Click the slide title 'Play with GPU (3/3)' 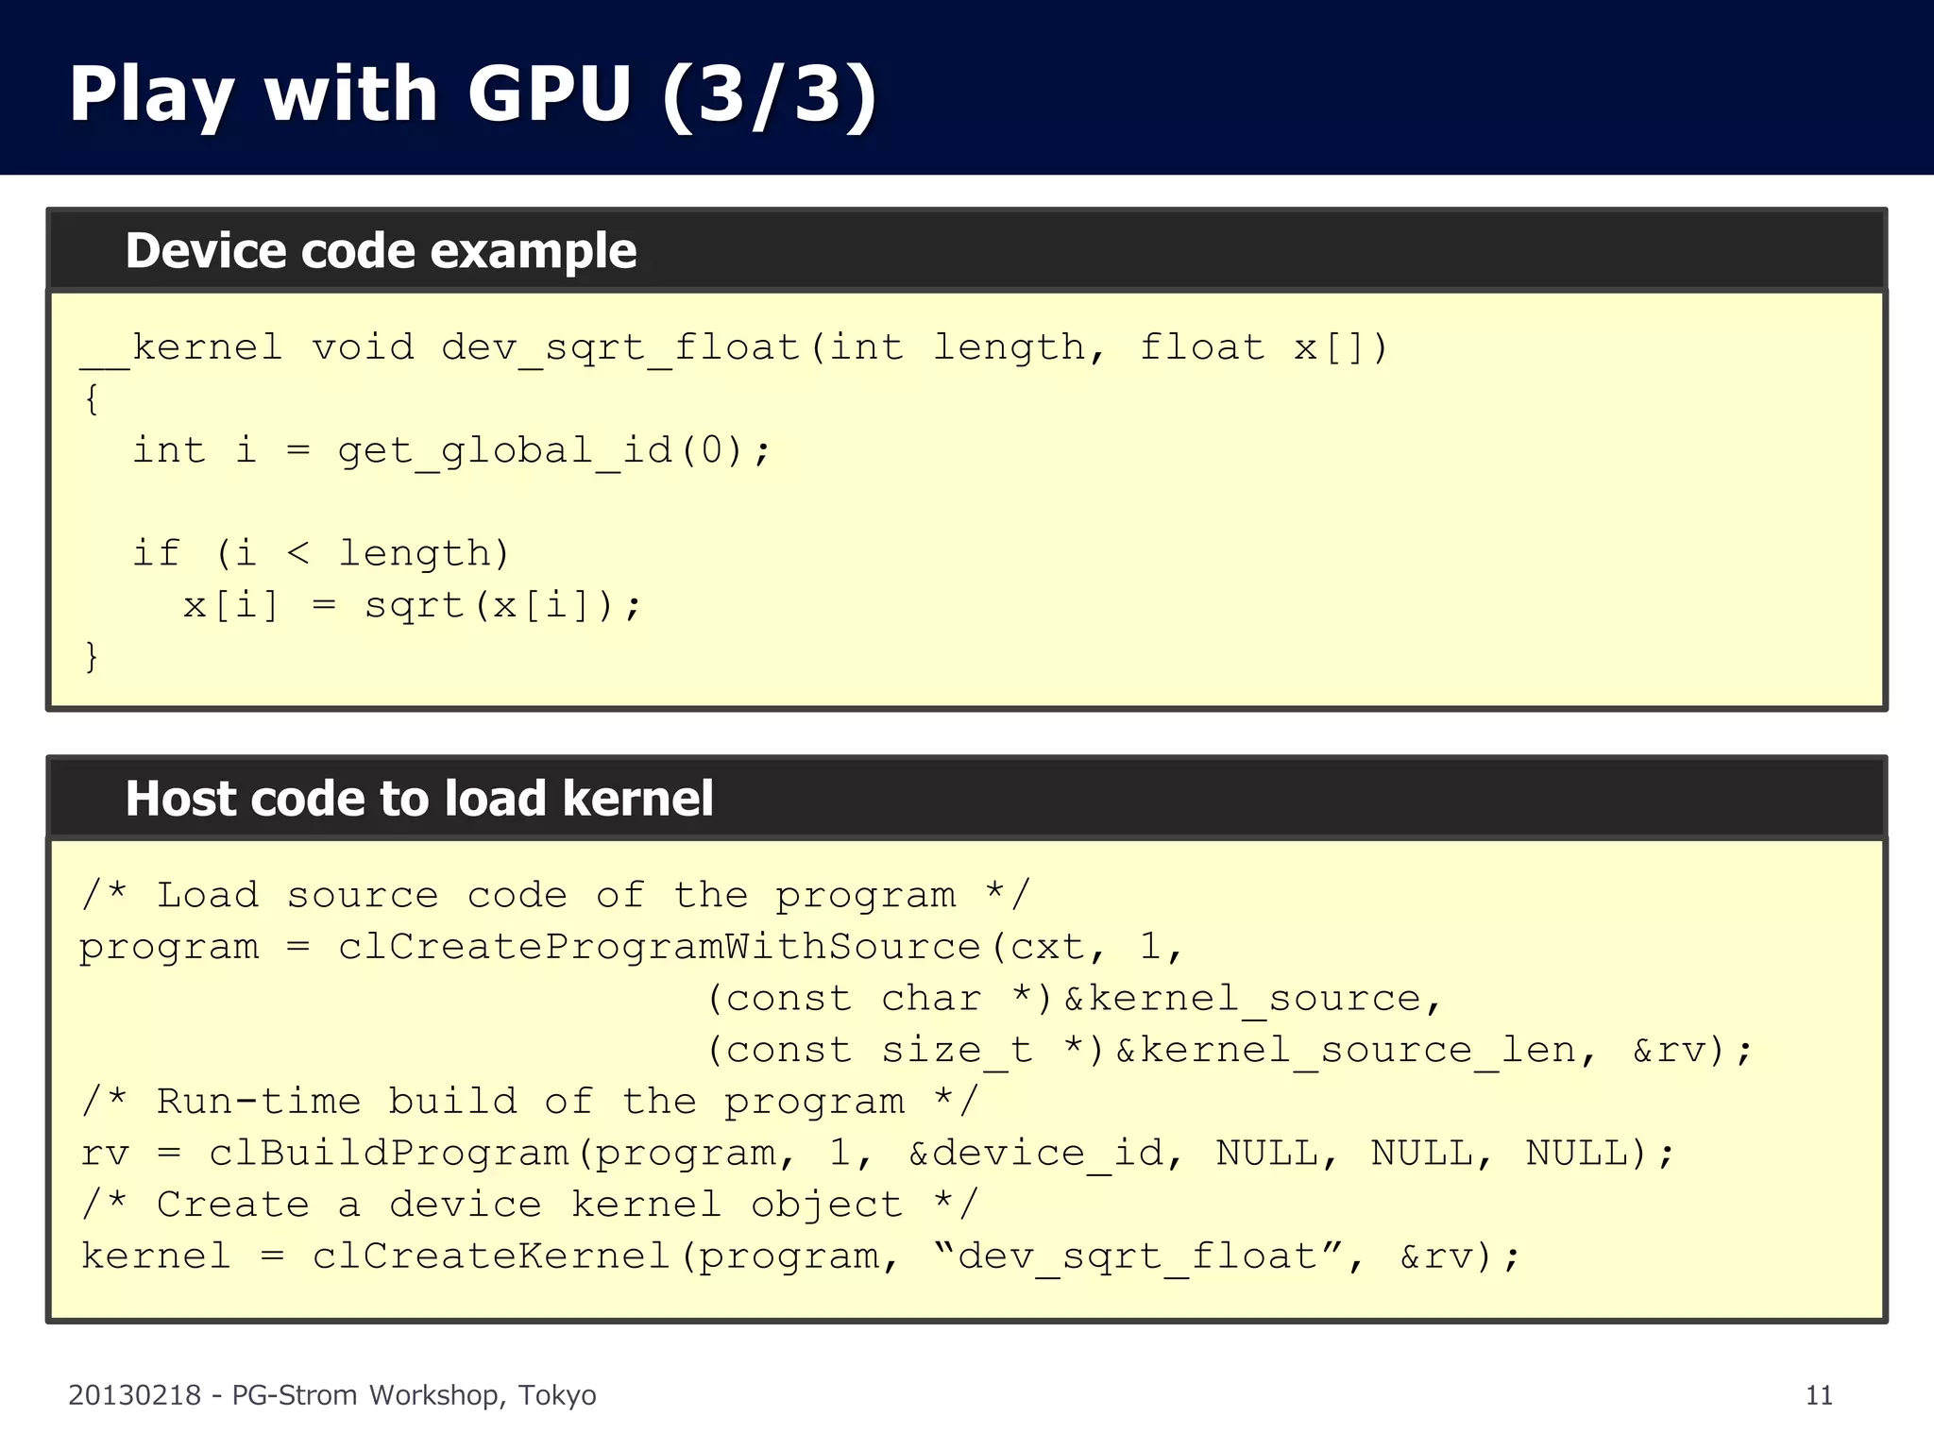[472, 94]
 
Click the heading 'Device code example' [381, 251]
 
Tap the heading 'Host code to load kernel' [419, 799]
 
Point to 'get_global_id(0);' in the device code [554, 451]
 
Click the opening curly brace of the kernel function [92, 399]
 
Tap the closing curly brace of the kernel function [92, 656]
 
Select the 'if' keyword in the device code [156, 554]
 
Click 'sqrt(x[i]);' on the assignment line [503, 605]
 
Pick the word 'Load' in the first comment [208, 895]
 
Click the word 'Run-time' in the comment [259, 1102]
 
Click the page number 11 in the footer [1819, 1395]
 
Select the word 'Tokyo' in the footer [557, 1395]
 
